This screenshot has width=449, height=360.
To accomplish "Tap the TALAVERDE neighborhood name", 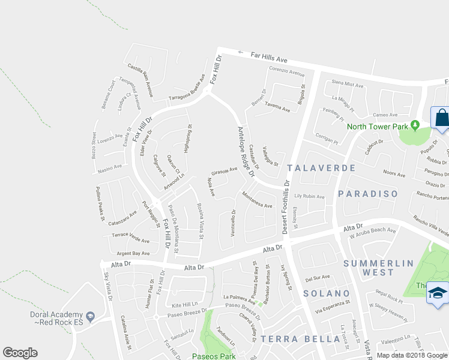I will click(321, 169).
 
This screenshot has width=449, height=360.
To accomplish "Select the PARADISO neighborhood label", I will click(367, 193).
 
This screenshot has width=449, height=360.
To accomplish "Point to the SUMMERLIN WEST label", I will click(378, 268).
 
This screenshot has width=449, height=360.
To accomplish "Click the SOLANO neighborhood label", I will click(326, 293).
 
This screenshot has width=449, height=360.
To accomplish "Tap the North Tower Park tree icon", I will click(414, 125).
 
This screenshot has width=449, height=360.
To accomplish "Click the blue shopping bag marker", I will click(441, 117).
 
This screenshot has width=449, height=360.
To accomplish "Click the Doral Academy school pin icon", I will click(90, 316).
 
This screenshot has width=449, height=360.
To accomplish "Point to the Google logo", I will click(20, 353).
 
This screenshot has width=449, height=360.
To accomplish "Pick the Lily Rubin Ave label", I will click(309, 196).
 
